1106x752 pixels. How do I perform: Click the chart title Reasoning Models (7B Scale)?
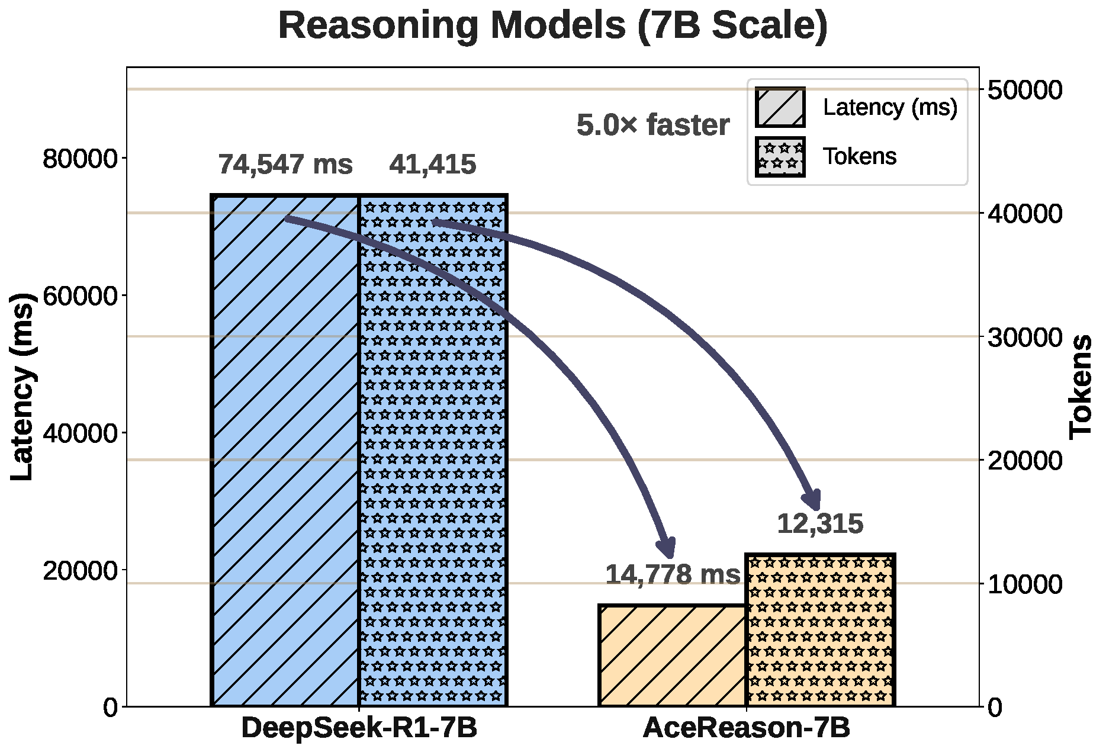[x=552, y=25]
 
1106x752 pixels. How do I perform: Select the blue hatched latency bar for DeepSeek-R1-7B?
[x=285, y=450]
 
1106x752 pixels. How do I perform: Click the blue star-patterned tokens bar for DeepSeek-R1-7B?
[x=433, y=450]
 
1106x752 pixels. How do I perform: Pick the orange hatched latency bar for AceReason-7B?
[x=672, y=655]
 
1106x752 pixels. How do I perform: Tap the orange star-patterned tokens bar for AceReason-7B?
[x=820, y=630]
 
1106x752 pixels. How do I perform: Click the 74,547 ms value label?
[x=285, y=164]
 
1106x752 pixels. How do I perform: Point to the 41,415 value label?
[x=433, y=164]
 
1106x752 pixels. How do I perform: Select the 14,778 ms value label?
[x=673, y=574]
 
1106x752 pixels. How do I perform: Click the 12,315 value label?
[x=820, y=524]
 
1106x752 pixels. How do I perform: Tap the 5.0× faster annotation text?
[x=653, y=125]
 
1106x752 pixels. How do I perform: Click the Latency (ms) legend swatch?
[x=780, y=107]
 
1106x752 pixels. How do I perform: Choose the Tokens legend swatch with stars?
[x=780, y=157]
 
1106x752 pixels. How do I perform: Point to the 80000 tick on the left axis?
[x=81, y=159]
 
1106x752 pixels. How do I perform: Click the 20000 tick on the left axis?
[x=81, y=570]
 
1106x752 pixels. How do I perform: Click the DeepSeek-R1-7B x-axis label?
[x=359, y=728]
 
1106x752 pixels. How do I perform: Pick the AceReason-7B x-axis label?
[x=746, y=728]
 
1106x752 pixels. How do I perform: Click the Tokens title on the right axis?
[x=1081, y=386]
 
